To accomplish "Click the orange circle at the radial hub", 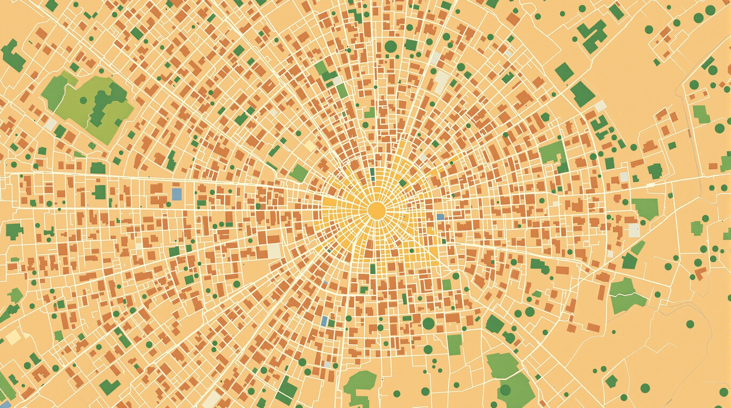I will pyautogui.click(x=377, y=210).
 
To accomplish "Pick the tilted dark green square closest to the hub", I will pyautogui.click(x=403, y=183).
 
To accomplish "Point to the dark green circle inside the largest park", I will pyautogui.click(x=83, y=100).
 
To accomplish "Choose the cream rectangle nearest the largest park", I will pyautogui.click(x=51, y=124).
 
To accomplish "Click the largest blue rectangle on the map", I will pyautogui.click(x=177, y=194).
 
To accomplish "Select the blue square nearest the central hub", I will pyautogui.click(x=440, y=217).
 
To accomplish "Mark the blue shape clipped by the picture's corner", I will pyautogui.click(x=5, y=404).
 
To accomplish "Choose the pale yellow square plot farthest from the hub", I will pyautogui.click(x=13, y=337).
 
